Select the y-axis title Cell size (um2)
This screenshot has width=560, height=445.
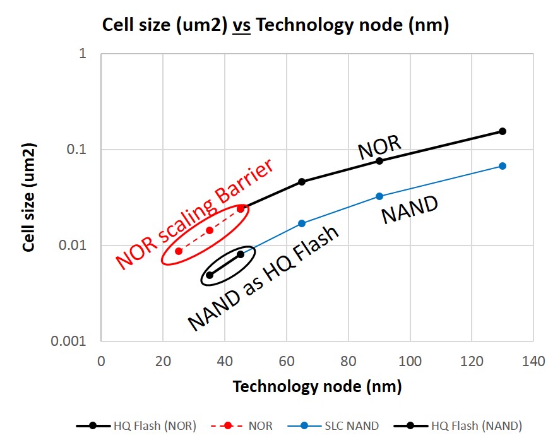tap(28, 198)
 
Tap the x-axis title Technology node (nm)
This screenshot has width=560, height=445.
tap(317, 386)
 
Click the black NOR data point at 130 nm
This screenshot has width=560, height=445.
tap(503, 131)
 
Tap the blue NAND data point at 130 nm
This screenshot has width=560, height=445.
tap(503, 166)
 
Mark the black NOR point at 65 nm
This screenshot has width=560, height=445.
tap(302, 182)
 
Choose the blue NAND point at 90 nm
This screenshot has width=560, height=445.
tap(379, 196)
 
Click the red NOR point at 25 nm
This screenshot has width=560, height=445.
tap(179, 251)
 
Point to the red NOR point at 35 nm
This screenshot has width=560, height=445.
tap(210, 230)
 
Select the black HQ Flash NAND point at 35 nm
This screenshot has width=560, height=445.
tap(210, 275)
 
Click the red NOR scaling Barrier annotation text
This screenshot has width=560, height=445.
tap(195, 213)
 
